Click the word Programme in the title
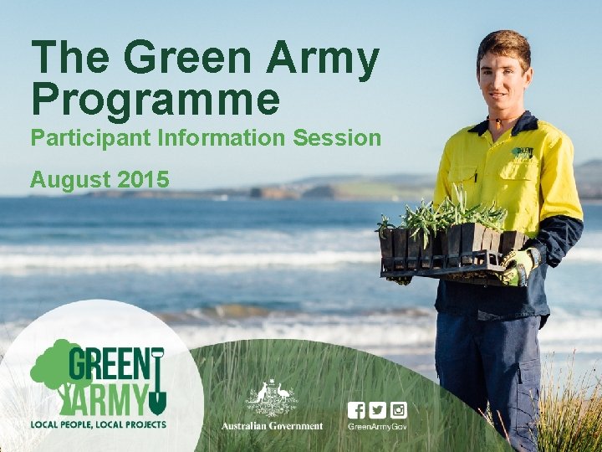[156, 100]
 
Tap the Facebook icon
[357, 410]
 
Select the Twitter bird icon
[378, 410]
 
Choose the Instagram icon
[399, 410]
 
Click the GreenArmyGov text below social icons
[378, 427]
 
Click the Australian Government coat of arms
[271, 398]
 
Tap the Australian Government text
[272, 426]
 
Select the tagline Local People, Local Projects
[98, 424]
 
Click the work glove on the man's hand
[518, 266]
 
